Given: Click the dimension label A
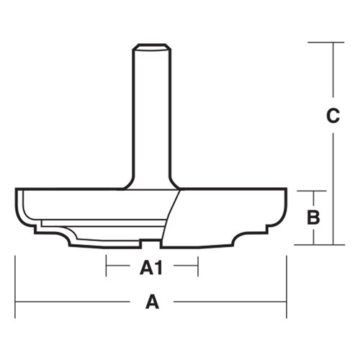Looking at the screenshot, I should (x=152, y=302).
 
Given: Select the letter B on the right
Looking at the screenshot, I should (x=313, y=217).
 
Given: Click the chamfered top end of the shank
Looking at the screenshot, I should (x=151, y=48).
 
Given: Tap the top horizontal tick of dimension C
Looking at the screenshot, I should (x=324, y=42).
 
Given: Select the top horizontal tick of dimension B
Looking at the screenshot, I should (x=312, y=192).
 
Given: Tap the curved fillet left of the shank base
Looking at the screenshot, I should (x=128, y=183).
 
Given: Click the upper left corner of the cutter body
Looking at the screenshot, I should (x=17, y=190).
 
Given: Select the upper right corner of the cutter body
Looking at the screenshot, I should (x=286, y=190).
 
